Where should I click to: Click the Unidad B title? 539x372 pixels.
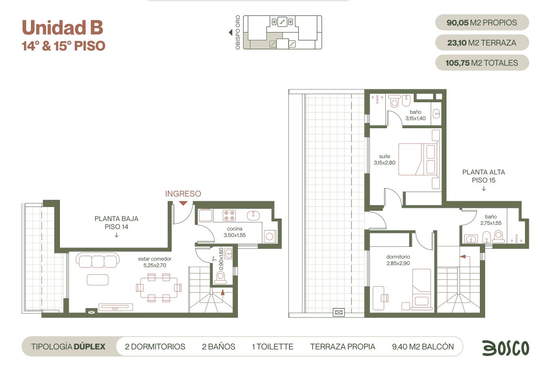[x=62, y=27]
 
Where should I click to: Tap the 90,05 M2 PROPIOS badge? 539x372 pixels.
[x=482, y=22]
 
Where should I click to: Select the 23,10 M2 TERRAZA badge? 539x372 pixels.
[x=482, y=43]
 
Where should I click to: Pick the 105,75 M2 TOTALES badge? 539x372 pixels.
[x=482, y=63]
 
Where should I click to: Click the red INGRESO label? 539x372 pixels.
[x=183, y=194]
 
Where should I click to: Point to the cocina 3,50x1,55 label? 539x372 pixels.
[x=235, y=232]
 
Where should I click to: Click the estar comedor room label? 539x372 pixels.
[x=155, y=262]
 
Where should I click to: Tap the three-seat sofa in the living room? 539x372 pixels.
[x=98, y=260]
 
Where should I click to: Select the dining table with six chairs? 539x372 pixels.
[x=159, y=288]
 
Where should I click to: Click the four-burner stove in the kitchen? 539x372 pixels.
[x=229, y=215]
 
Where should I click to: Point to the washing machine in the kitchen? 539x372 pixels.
[x=270, y=237]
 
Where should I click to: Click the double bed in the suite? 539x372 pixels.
[x=419, y=159]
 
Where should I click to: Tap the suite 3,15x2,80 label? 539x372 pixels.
[x=385, y=159]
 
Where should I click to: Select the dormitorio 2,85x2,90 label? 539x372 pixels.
[x=398, y=260]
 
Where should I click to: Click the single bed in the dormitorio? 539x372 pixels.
[x=422, y=289]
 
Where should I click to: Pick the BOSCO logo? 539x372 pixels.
[x=506, y=348]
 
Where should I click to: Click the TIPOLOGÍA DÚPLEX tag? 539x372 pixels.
[x=68, y=346]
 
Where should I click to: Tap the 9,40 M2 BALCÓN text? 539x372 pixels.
[x=423, y=346]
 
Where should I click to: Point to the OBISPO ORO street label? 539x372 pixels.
[x=238, y=33]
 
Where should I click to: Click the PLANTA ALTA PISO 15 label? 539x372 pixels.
[x=483, y=176]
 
